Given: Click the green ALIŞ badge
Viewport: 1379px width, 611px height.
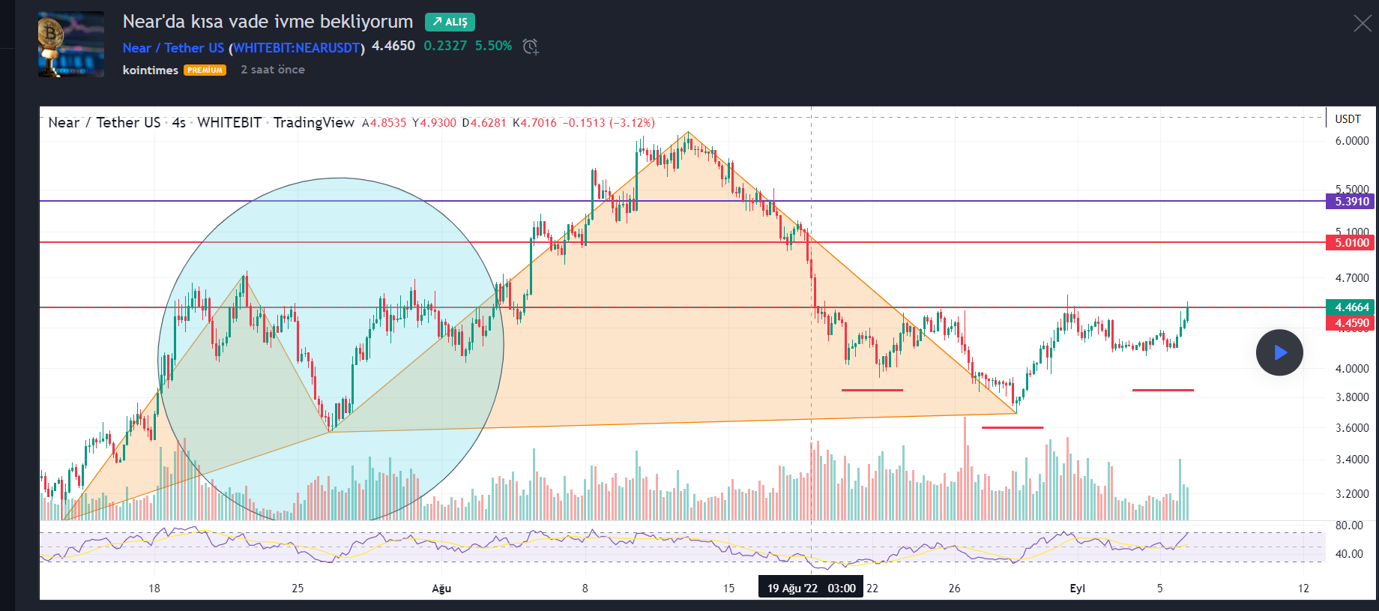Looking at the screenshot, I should [450, 22].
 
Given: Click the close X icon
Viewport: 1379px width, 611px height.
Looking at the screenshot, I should [1363, 24].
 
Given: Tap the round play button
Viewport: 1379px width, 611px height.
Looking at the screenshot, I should [1279, 352].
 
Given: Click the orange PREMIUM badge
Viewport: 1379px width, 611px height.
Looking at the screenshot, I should [205, 70].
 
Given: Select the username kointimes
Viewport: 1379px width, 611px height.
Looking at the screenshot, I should [150, 70].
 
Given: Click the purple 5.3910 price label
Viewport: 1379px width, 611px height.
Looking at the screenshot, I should [1351, 201].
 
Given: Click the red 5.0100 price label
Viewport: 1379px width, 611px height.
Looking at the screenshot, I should [1351, 242].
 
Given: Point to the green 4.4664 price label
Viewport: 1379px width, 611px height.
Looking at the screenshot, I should [1351, 307].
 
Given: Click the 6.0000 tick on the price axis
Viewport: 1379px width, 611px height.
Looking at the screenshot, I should [1351, 141].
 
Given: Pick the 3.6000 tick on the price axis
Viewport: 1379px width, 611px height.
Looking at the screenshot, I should [1351, 428].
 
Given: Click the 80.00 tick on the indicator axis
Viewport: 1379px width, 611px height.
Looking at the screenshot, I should [1348, 526].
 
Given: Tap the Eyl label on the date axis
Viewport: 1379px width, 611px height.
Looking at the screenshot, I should [1077, 589].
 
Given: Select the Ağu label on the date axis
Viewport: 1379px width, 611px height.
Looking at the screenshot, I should [441, 589].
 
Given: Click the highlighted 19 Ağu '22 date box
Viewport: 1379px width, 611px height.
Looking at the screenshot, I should [811, 589].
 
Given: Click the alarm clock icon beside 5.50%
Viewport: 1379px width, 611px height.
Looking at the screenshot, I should [531, 46].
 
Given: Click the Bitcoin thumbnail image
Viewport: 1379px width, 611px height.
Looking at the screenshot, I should [71, 44].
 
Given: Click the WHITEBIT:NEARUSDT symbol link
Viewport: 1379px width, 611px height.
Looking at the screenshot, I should [297, 48].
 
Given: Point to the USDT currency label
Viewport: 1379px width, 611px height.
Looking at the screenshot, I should [1348, 119].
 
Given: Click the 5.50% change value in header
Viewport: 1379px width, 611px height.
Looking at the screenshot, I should [493, 46].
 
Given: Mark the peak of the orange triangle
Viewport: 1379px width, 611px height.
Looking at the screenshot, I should [688, 133].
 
